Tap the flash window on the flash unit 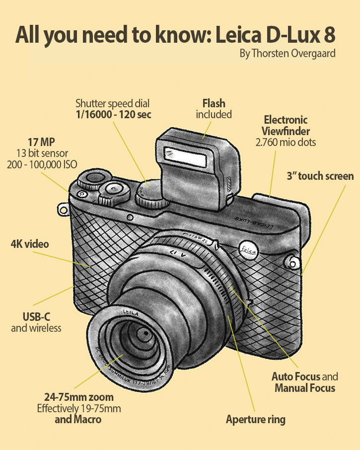185,157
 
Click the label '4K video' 30,244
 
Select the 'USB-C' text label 36,317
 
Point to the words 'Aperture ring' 256,420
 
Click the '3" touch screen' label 320,176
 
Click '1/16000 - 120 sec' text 113,115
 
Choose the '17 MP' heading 41,142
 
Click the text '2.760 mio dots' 286,143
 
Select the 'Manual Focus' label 305,388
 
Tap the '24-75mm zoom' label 79,397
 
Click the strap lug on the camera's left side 63,210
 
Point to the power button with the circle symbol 81,194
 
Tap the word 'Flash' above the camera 214,103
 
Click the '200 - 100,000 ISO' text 42,164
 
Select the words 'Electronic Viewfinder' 286,126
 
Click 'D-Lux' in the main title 292,35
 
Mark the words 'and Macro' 78,419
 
